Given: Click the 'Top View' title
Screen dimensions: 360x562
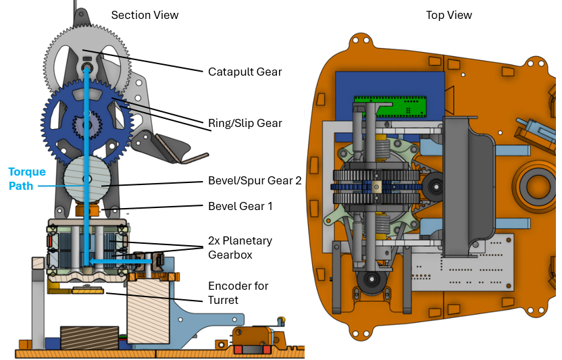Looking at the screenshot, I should [449, 15].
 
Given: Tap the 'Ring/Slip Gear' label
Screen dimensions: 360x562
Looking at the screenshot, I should [245, 124].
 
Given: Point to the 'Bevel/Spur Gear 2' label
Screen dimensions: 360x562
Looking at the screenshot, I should [255, 182].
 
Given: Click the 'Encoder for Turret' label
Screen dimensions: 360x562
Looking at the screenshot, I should [237, 292].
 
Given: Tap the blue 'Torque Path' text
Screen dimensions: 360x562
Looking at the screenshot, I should [26, 178].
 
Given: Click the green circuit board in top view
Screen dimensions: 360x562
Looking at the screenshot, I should [392, 105].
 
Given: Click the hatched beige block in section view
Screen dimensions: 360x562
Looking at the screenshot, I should [148, 311].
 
